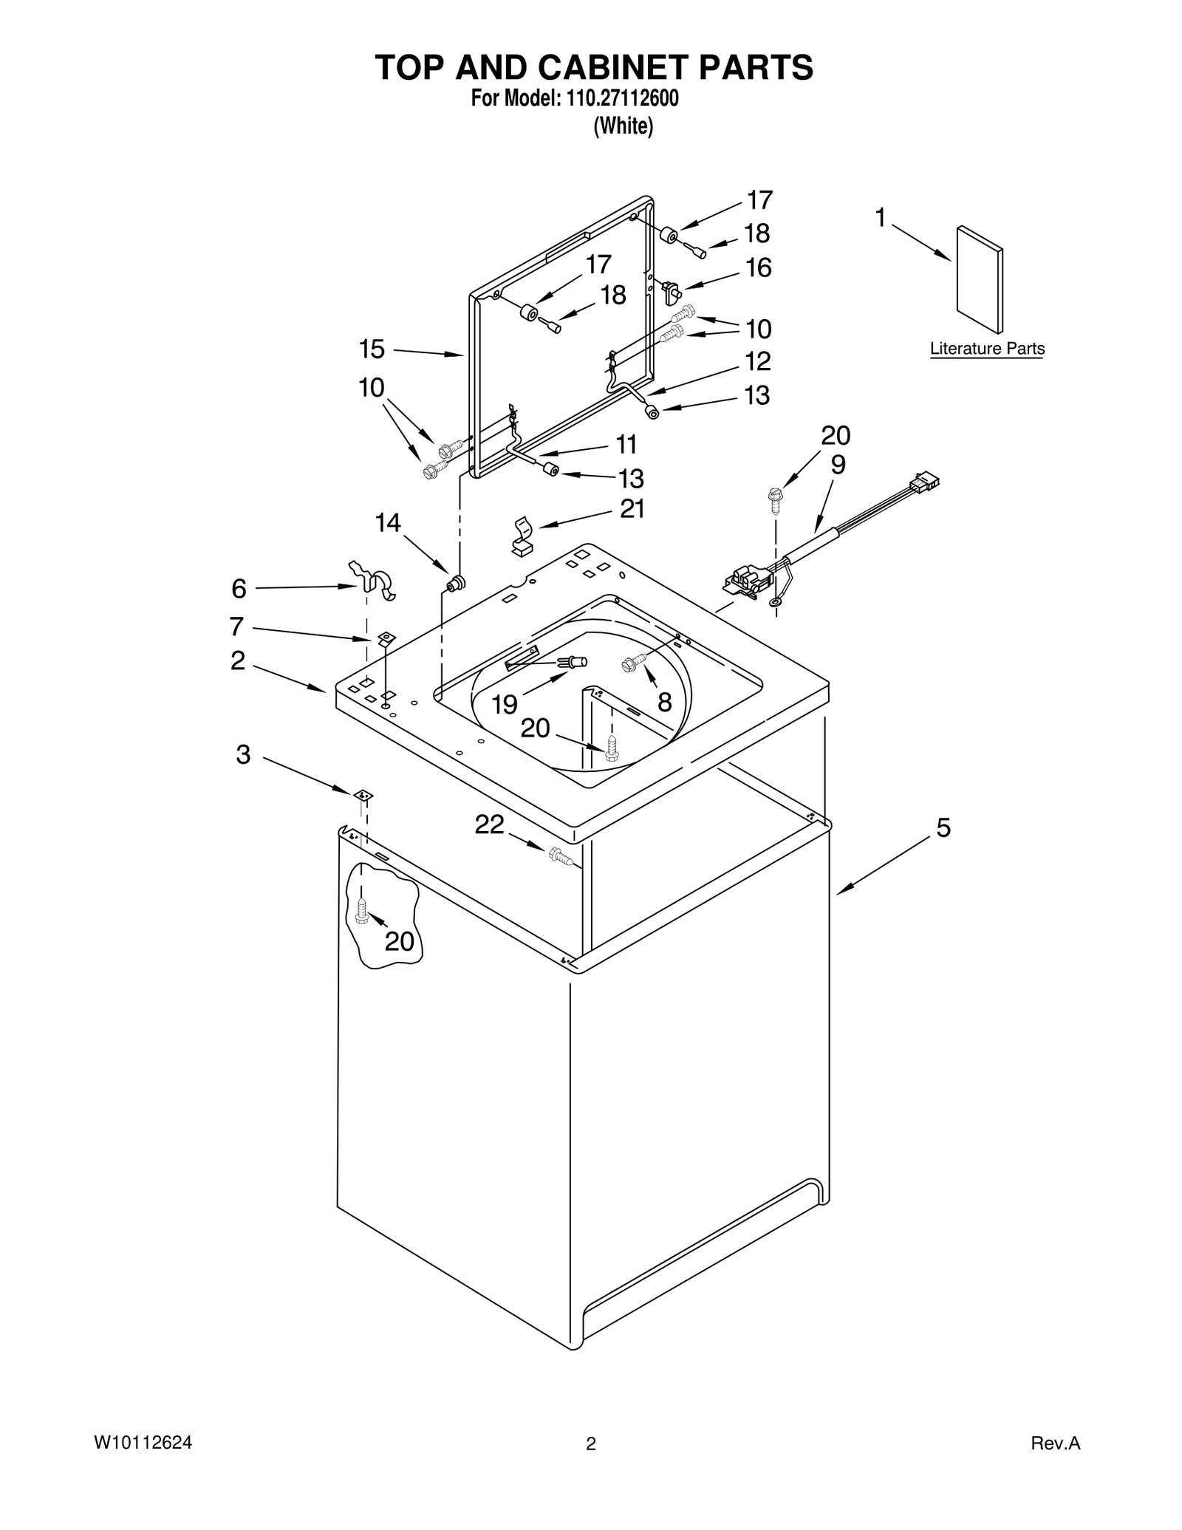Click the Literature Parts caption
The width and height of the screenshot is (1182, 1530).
pyautogui.click(x=986, y=349)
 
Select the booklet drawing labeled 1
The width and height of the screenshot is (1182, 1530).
pyautogui.click(x=980, y=279)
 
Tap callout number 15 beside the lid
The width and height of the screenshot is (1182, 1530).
pyautogui.click(x=372, y=349)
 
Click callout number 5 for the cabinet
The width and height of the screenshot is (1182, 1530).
pyautogui.click(x=943, y=828)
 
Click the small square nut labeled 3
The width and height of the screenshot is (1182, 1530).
pyautogui.click(x=363, y=794)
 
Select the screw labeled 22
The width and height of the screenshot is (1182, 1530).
pyautogui.click(x=561, y=857)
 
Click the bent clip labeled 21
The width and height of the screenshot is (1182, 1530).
pyautogui.click(x=522, y=536)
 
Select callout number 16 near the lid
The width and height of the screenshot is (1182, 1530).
pyautogui.click(x=759, y=267)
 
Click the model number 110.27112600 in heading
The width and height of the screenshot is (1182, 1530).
pyautogui.click(x=622, y=99)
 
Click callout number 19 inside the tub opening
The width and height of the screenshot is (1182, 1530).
pyautogui.click(x=505, y=704)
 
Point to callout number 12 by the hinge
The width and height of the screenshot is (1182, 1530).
pyautogui.click(x=757, y=361)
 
